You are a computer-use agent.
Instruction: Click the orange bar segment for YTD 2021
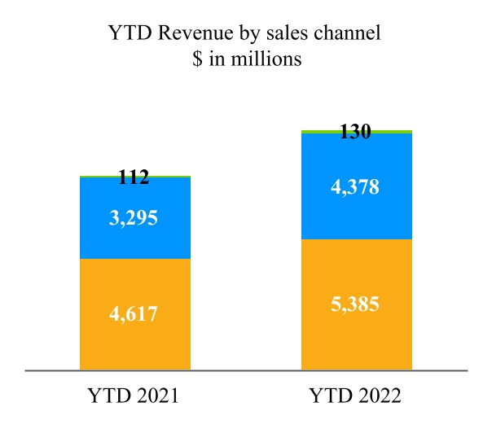pos(135,342)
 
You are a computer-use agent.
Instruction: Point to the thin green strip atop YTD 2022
pos(356,131)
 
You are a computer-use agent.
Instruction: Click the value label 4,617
pos(135,313)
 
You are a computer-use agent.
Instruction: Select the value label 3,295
pos(135,217)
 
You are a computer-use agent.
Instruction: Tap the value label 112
pos(133,177)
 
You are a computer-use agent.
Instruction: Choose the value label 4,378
pos(356,186)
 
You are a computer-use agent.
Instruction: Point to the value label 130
pos(354,132)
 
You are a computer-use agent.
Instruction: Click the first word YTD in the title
pos(125,34)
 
